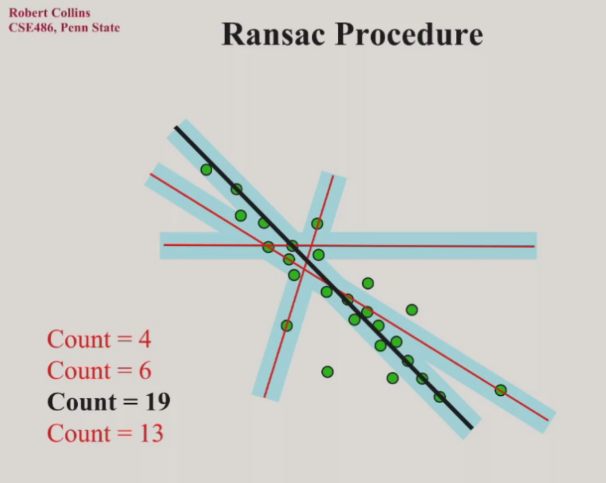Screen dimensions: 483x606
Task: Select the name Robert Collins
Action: tap(49, 13)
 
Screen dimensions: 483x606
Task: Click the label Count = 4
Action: tap(99, 339)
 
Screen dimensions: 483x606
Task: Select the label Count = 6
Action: tap(99, 371)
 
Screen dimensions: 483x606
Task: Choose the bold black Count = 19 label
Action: tap(109, 402)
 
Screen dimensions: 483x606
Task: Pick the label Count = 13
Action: tap(105, 434)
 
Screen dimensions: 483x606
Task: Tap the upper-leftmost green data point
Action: tap(206, 170)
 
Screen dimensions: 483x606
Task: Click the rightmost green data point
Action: tap(500, 390)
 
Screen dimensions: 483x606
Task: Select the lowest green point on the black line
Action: tap(439, 397)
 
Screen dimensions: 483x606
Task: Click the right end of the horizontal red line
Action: tap(533, 246)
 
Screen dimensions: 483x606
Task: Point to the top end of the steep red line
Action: tap(333, 176)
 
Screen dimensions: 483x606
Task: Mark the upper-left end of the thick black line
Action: tap(176, 127)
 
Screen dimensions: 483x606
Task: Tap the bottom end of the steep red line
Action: tap(264, 397)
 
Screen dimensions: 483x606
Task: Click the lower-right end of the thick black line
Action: tap(471, 427)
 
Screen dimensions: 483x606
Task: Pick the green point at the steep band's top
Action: tap(317, 223)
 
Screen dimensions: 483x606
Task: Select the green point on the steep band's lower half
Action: tap(287, 325)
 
